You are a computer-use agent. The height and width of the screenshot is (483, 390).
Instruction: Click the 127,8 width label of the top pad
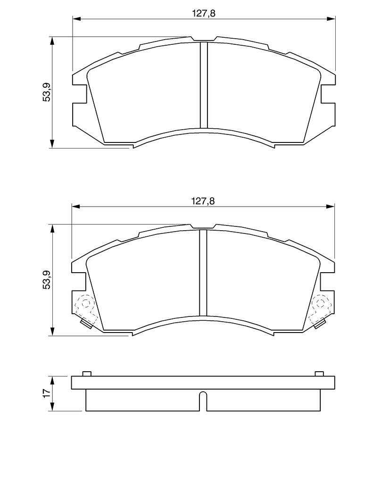coord(204,13)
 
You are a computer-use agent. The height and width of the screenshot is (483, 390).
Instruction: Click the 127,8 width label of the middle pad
coord(203,201)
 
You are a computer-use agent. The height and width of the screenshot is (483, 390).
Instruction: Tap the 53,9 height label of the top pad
coord(47,92)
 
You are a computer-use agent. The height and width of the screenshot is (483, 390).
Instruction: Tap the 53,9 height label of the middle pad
coord(47,280)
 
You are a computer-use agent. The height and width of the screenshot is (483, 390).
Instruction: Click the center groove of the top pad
coord(204,85)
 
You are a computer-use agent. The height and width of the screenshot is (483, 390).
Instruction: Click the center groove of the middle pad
coord(203,273)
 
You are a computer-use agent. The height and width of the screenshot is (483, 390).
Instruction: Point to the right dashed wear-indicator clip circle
coord(320,303)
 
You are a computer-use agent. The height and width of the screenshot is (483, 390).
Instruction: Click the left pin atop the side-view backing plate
coord(87,374)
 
